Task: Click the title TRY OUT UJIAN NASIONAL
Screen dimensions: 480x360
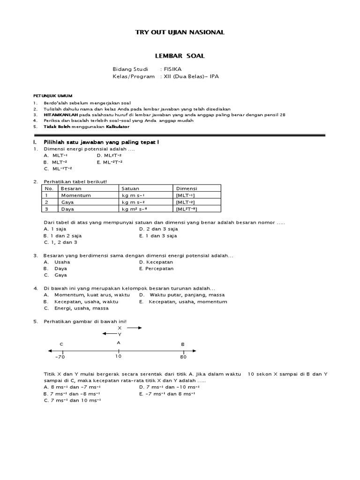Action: pos(180,32)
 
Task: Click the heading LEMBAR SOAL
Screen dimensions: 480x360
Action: pos(180,56)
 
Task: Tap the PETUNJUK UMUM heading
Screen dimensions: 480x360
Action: pos(52,95)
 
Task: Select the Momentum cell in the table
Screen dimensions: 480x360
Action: pos(75,195)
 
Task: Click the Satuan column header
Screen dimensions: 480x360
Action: pos(130,188)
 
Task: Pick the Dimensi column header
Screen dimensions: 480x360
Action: pos(186,188)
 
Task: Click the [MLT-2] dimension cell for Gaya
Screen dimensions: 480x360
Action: pos(185,202)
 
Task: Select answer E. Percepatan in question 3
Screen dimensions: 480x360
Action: pos(157,269)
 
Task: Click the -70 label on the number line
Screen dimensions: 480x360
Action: pos(60,357)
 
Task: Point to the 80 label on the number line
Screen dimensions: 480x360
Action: pos(183,357)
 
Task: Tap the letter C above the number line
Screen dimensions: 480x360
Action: pos(61,344)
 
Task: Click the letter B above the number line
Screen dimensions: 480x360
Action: pos(183,344)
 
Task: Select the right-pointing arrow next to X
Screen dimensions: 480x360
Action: pos(134,328)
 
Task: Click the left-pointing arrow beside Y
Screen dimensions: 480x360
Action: pos(109,334)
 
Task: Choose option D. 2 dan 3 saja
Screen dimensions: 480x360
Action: pos(158,229)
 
